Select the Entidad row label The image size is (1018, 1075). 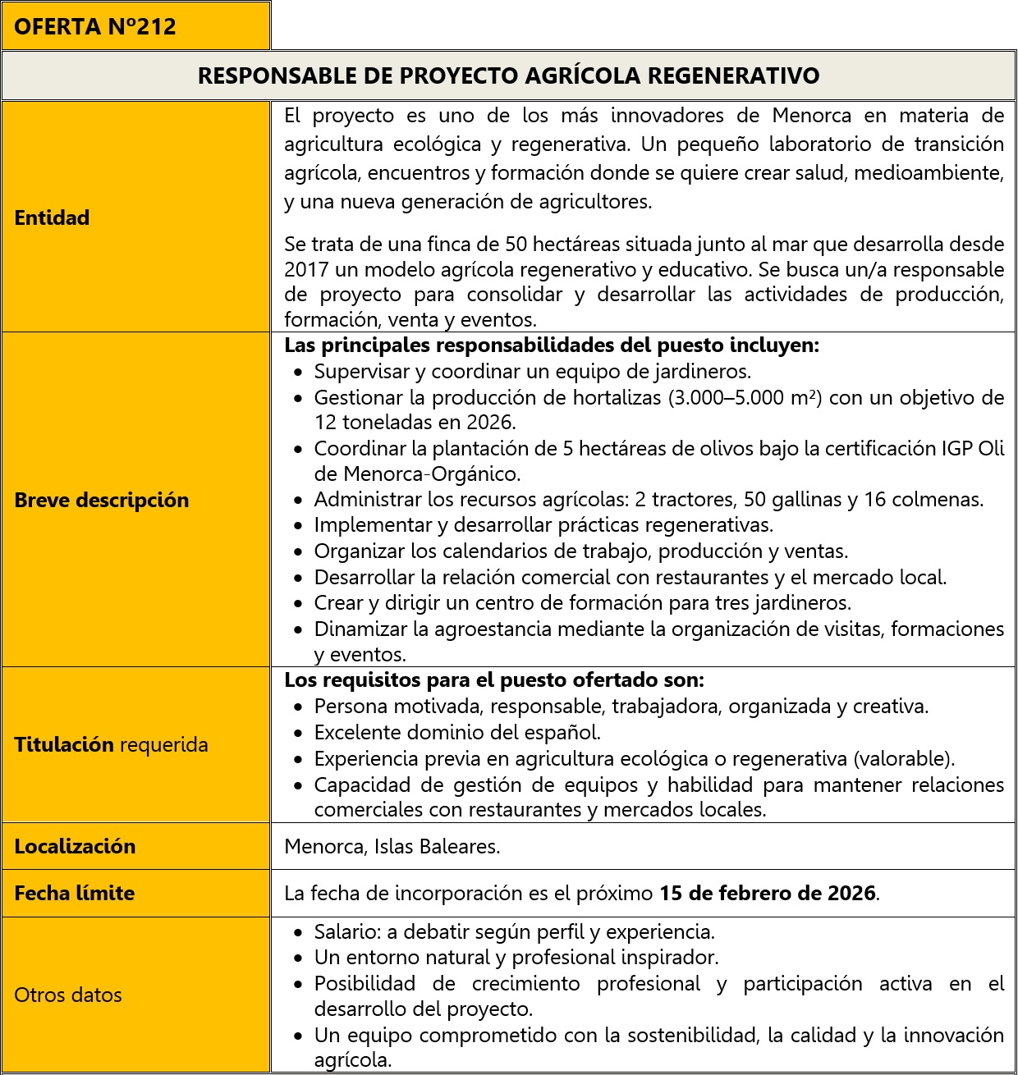tap(52, 217)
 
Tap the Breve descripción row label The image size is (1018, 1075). tap(101, 500)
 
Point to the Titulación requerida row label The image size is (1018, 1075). tap(111, 744)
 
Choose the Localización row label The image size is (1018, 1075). tap(75, 846)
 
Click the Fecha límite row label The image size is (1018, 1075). tap(74, 893)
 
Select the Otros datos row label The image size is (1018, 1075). tap(68, 995)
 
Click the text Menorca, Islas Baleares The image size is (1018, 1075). tap(392, 846)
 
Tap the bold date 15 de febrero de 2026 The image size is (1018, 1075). tap(767, 893)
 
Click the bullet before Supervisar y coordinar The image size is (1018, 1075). tap(299, 373)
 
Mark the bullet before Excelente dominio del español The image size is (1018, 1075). tap(299, 734)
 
